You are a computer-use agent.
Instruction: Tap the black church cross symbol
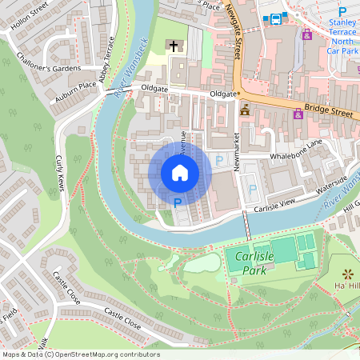point(174,46)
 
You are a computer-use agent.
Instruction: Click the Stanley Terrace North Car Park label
point(343,38)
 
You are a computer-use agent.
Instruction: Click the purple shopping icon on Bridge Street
point(298,114)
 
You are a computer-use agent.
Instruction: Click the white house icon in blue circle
point(179,172)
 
